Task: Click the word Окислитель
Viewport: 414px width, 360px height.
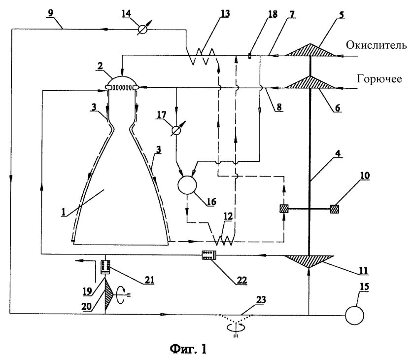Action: (376, 45)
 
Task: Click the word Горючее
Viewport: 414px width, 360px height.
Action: (379, 79)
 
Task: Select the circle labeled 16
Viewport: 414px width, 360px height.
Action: (187, 184)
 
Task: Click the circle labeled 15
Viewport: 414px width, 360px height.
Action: (354, 315)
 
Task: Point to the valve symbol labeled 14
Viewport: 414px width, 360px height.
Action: (143, 29)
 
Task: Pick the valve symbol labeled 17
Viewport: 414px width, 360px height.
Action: (176, 130)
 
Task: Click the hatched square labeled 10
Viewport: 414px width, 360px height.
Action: (334, 209)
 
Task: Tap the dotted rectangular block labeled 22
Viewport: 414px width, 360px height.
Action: (209, 255)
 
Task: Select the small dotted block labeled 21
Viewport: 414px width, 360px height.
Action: (105, 267)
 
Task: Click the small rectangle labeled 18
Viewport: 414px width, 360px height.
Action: (250, 56)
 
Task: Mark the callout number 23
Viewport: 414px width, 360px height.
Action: (261, 300)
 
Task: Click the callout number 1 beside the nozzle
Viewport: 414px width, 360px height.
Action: (64, 212)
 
